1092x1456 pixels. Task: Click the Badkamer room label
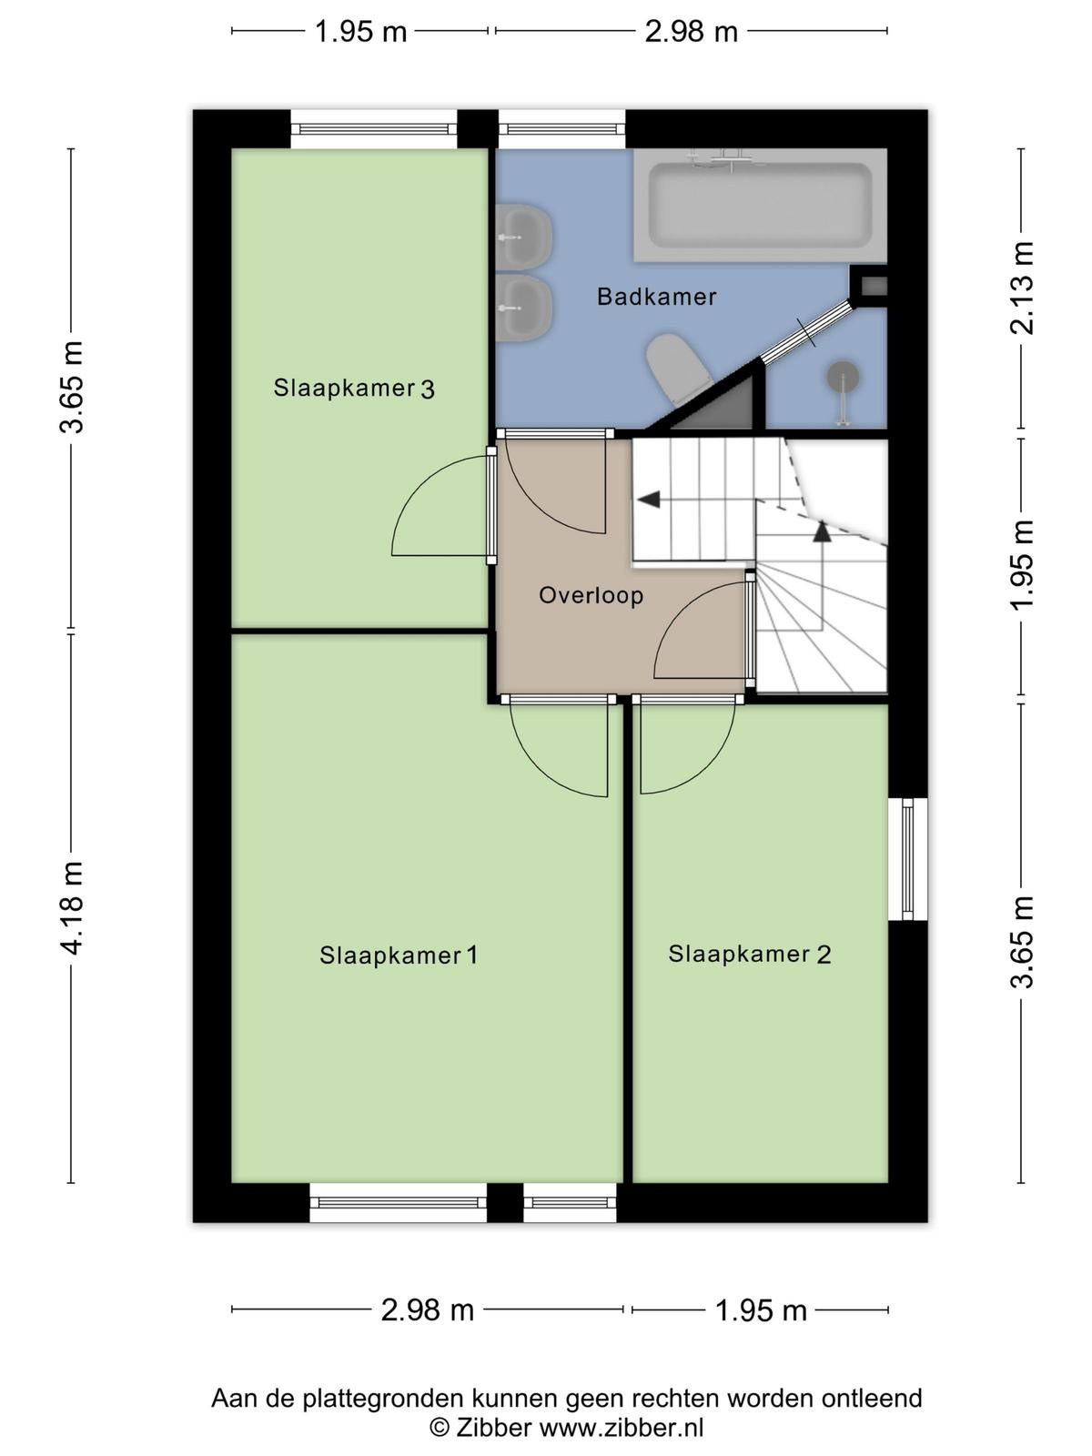(656, 297)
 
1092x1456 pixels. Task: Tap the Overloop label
(591, 595)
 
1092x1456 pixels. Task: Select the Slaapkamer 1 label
(399, 955)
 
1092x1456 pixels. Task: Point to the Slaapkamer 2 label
(749, 954)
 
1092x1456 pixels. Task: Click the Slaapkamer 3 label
(353, 388)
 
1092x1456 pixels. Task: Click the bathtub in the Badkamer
(760, 205)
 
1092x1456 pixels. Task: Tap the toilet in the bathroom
(678, 369)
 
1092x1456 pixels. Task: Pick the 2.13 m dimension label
(1021, 288)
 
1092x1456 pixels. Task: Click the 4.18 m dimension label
(71, 908)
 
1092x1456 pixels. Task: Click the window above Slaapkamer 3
(374, 129)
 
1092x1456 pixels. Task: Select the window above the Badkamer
(562, 129)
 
